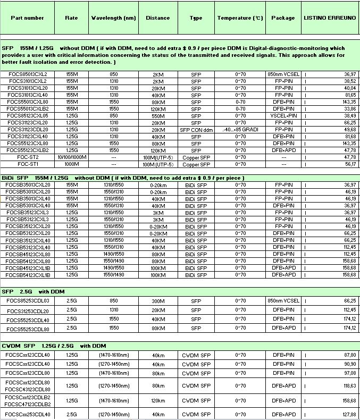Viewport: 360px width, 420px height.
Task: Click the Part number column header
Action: [x=27, y=18]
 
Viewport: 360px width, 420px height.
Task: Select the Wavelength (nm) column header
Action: [x=113, y=18]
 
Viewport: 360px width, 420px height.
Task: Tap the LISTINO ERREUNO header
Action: [x=330, y=18]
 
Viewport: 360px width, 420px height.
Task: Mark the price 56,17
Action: [x=349, y=164]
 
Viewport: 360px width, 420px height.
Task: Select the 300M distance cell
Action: [x=158, y=300]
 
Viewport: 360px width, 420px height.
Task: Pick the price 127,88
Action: [x=349, y=414]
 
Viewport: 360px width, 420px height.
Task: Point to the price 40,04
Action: [x=349, y=88]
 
